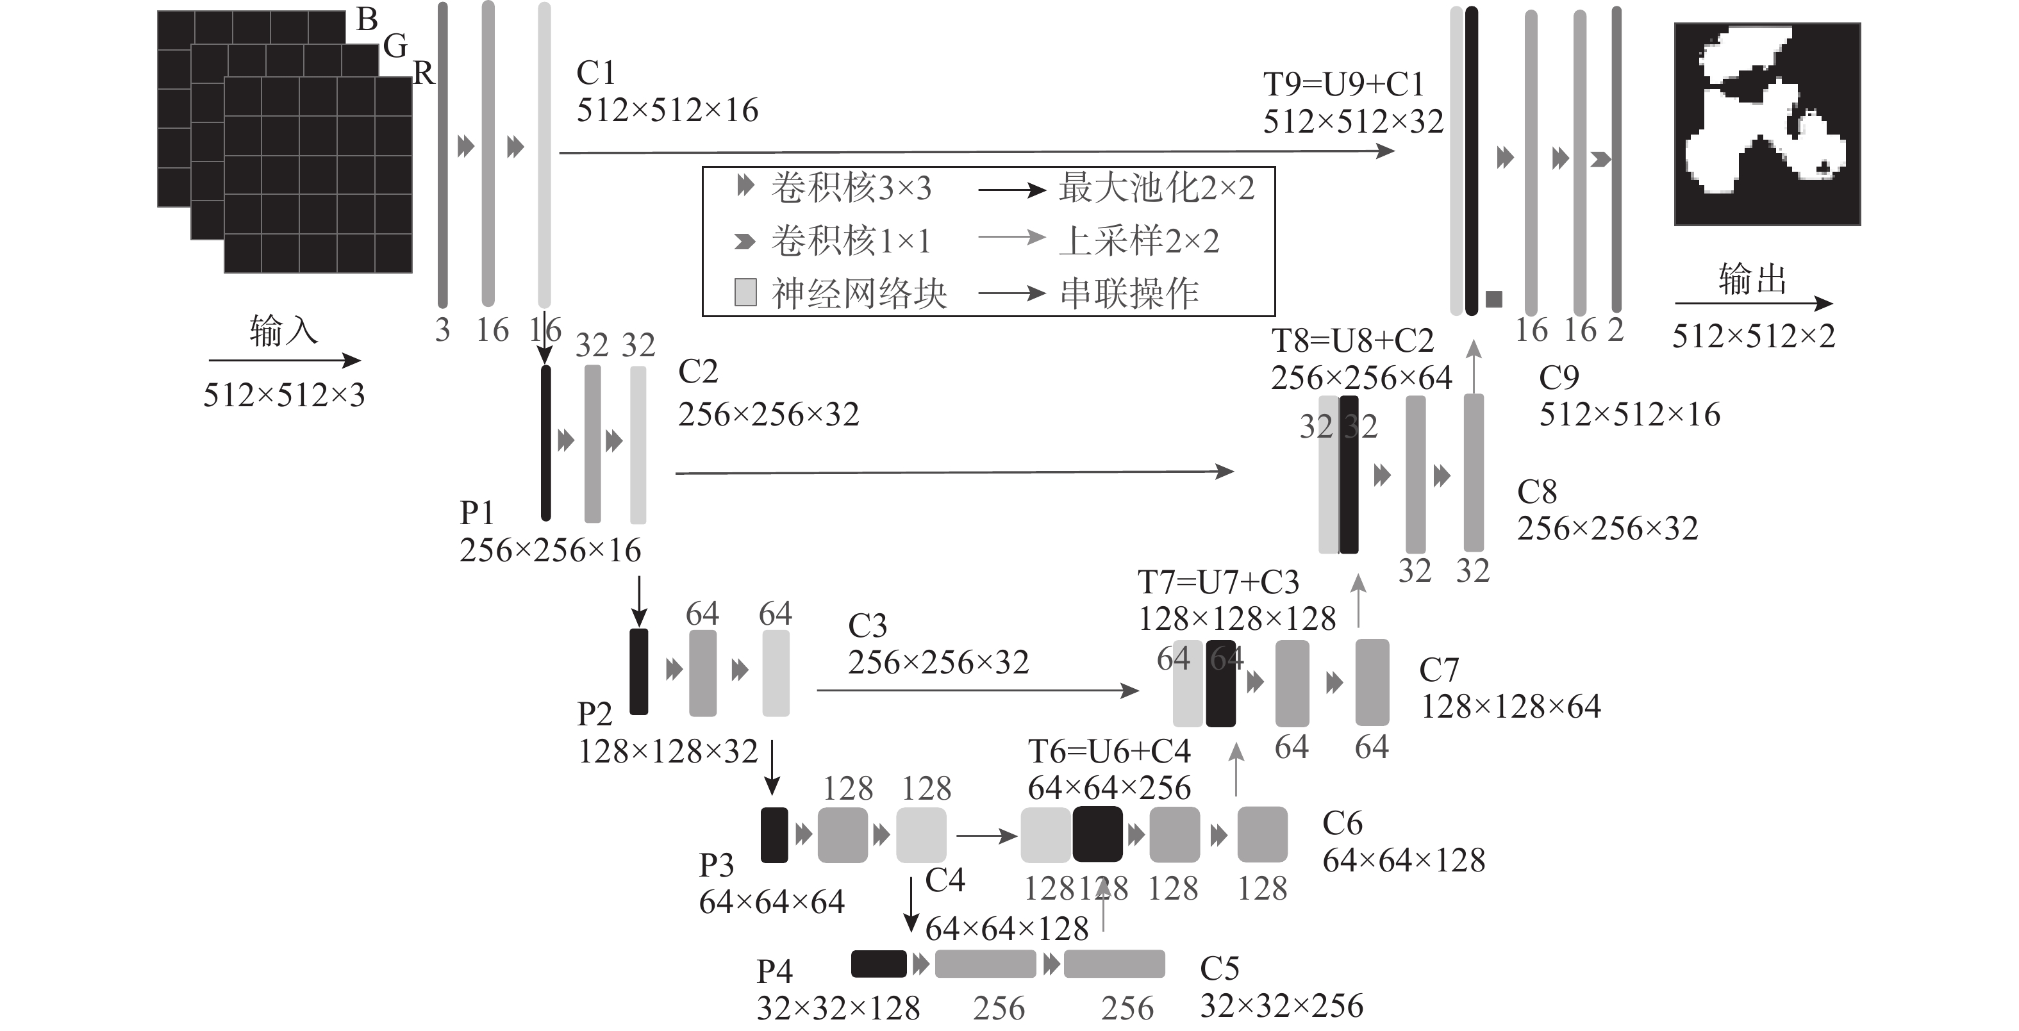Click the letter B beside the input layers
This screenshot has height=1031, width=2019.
(367, 20)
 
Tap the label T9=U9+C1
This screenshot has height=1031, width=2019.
(1343, 85)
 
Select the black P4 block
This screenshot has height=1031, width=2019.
(879, 964)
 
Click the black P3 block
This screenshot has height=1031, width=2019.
(774, 835)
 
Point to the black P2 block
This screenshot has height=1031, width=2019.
(639, 672)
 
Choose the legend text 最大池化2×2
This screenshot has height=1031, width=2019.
(1157, 188)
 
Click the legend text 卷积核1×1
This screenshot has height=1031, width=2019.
(852, 240)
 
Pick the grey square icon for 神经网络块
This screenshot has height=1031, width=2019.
(745, 292)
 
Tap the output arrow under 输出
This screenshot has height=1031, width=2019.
(1754, 303)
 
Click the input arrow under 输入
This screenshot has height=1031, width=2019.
(285, 360)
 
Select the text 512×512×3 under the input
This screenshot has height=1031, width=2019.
(284, 395)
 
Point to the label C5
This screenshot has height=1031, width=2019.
(1220, 969)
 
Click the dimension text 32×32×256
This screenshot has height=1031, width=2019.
(1281, 1006)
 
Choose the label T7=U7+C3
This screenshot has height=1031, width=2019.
(1218, 582)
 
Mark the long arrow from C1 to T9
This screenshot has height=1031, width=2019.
(977, 152)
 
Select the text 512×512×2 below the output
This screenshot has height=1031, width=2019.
(1754, 336)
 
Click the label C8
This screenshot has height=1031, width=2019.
(1537, 492)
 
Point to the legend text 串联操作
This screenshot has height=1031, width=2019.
(1129, 293)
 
